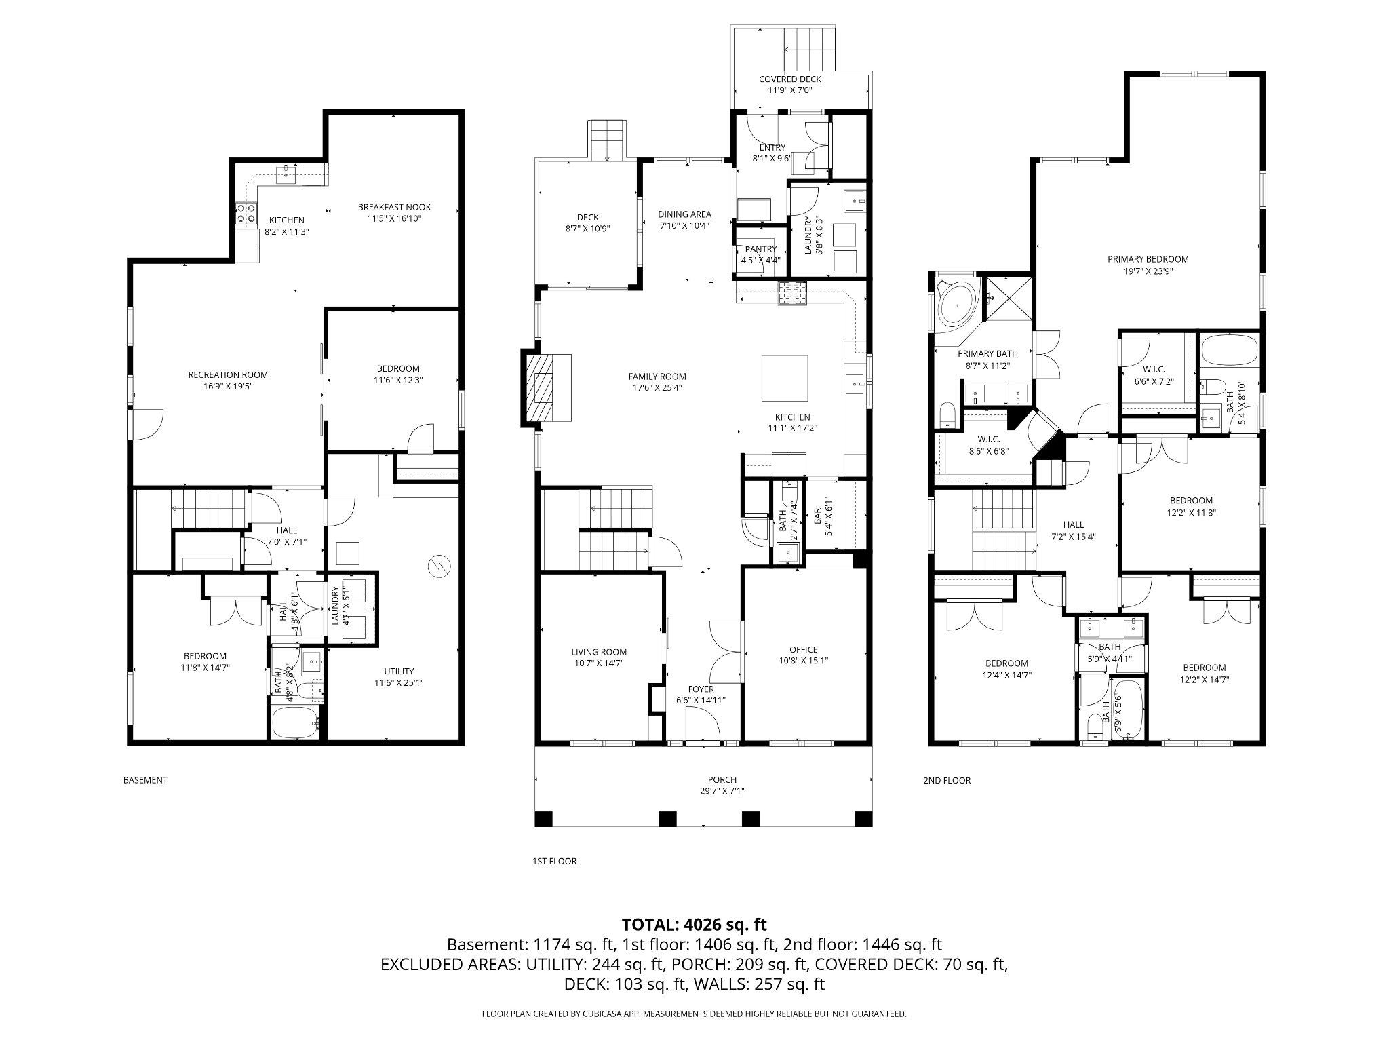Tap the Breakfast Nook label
[x=394, y=207]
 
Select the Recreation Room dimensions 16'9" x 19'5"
[x=227, y=386]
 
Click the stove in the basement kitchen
[x=246, y=214]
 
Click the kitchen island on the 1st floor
[x=785, y=379]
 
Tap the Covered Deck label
[x=789, y=79]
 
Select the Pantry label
[x=760, y=249]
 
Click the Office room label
[x=803, y=649]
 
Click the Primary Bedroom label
[x=1148, y=258]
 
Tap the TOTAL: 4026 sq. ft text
[x=694, y=924]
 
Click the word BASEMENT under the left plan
[x=145, y=780]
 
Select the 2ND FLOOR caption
[x=946, y=781]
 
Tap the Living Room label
[x=598, y=652]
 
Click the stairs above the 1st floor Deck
[x=606, y=140]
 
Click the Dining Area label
[x=684, y=214]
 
